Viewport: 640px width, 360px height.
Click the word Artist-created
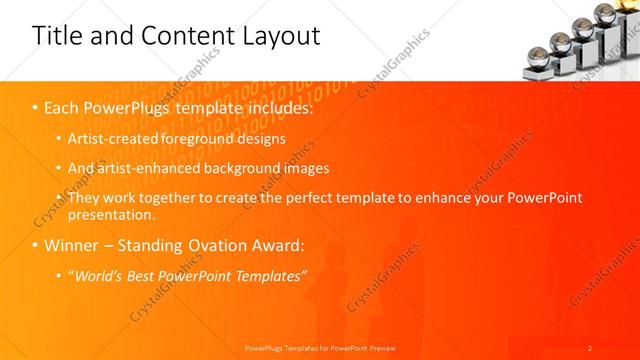(x=116, y=138)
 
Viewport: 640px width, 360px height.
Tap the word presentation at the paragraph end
(x=110, y=214)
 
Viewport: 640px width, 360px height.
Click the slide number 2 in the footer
(x=590, y=348)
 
